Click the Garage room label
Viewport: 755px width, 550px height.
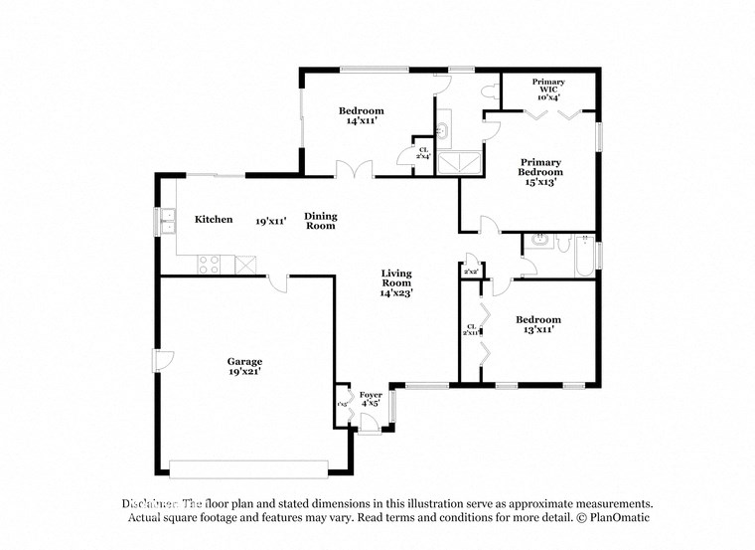[244, 366]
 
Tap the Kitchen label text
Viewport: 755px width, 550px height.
[214, 220]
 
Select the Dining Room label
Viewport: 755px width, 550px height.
[321, 221]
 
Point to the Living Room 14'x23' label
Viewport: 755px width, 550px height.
[396, 283]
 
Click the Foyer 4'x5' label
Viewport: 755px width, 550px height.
[371, 400]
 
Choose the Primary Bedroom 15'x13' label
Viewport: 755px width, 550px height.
[540, 172]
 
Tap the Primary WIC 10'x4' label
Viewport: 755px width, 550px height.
[548, 91]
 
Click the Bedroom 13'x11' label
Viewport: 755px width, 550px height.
[538, 324]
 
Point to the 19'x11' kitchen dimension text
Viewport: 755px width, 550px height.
[270, 221]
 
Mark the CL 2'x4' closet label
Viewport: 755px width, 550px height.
[423, 153]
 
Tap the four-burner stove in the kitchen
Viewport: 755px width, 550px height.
[211, 265]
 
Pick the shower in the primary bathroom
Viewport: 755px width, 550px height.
[460, 162]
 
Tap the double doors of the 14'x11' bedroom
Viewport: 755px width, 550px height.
[355, 170]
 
